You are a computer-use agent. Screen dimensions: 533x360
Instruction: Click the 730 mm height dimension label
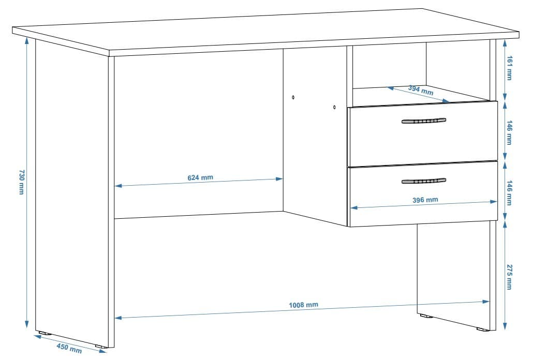(x=21, y=182)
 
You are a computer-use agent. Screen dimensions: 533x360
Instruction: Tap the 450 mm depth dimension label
(x=69, y=348)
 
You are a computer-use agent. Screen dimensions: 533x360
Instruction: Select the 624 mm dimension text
(x=200, y=177)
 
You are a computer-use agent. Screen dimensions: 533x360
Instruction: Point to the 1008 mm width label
(x=304, y=305)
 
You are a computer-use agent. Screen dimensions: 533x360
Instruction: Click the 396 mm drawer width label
(x=425, y=200)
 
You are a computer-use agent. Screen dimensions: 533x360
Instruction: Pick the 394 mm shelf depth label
(x=421, y=91)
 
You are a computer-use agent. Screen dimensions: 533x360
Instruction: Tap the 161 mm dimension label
(x=509, y=68)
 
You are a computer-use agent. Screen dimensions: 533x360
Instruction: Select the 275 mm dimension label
(x=509, y=277)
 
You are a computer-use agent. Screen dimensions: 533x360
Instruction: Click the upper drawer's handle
(x=423, y=121)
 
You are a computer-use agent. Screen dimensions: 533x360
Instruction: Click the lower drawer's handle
(x=423, y=181)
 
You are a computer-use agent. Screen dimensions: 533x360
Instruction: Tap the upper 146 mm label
(x=509, y=132)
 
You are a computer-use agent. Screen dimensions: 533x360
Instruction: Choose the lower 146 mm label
(x=509, y=193)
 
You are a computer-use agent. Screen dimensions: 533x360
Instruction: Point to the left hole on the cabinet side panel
(x=293, y=97)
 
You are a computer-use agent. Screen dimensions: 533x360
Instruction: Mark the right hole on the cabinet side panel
(x=334, y=107)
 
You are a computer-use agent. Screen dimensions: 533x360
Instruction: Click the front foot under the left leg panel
(x=100, y=346)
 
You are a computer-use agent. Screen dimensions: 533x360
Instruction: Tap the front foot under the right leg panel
(x=481, y=329)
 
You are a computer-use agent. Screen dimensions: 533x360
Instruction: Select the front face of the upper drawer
(x=423, y=133)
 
